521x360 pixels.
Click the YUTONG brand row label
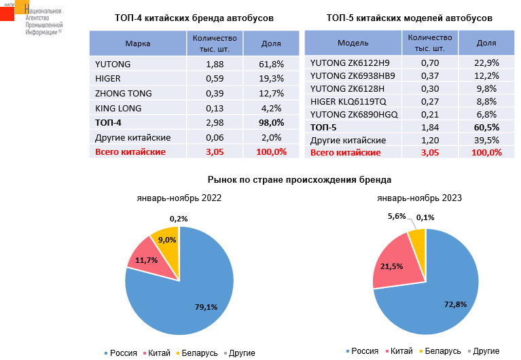click(x=113, y=65)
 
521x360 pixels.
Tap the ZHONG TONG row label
click(x=124, y=93)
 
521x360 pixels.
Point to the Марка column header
click(x=138, y=43)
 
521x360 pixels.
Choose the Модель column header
click(x=353, y=42)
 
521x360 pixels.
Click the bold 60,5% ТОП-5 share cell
click(x=486, y=127)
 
